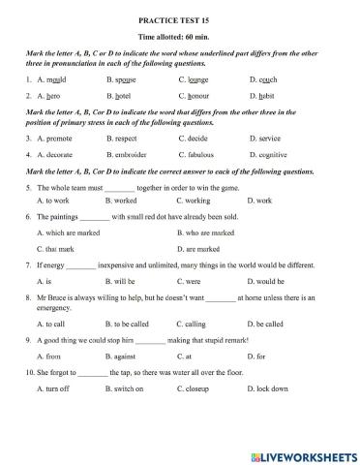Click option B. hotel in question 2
coord(124,97)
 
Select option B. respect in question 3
coord(126,139)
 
